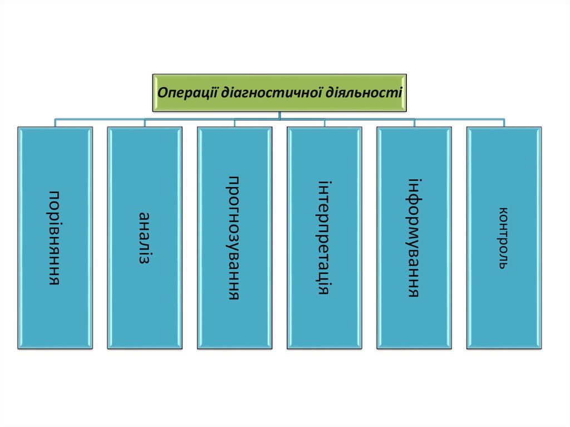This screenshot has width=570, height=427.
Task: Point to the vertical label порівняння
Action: [x=55, y=238]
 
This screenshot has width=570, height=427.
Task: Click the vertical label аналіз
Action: [x=144, y=238]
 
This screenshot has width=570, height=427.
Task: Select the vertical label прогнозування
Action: [x=234, y=238]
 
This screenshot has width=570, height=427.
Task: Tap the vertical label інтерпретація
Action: [x=325, y=238]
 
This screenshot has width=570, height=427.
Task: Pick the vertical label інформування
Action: [x=414, y=238]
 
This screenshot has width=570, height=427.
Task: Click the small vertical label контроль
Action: [x=503, y=238]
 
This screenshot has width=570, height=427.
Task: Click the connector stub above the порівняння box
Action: [x=55, y=123]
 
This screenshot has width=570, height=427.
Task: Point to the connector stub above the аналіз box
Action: [x=144, y=123]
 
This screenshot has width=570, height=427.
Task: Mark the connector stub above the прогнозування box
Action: [x=234, y=123]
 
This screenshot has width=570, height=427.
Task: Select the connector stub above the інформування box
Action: [x=414, y=123]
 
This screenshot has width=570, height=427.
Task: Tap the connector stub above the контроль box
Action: [x=504, y=123]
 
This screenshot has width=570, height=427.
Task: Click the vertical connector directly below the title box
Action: [x=279, y=115]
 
